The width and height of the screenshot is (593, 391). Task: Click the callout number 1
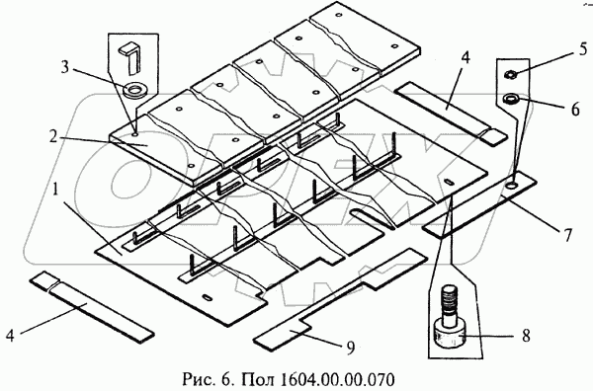pyautogui.click(x=55, y=191)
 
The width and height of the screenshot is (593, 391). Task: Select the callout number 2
pyautogui.click(x=53, y=137)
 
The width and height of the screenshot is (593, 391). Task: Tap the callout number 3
pyautogui.click(x=65, y=67)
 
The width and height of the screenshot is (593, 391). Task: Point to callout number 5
pyautogui.click(x=583, y=49)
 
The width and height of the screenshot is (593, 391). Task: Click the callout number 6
pyautogui.click(x=575, y=109)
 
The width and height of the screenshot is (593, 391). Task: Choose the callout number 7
pyautogui.click(x=567, y=235)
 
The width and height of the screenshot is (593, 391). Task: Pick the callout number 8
pyautogui.click(x=526, y=336)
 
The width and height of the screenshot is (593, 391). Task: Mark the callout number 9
pyautogui.click(x=351, y=348)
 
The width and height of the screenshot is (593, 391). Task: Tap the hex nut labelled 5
pyautogui.click(x=509, y=74)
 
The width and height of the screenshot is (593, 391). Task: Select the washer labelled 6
pyautogui.click(x=510, y=100)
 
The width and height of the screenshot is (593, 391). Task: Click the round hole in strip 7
pyautogui.click(x=512, y=185)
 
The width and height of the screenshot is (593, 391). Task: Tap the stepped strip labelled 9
pyautogui.click(x=340, y=300)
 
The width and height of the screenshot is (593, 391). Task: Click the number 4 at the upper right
pyautogui.click(x=465, y=58)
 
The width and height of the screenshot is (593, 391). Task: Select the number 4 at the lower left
pyautogui.click(x=10, y=335)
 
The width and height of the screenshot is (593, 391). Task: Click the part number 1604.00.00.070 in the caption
pyautogui.click(x=337, y=379)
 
